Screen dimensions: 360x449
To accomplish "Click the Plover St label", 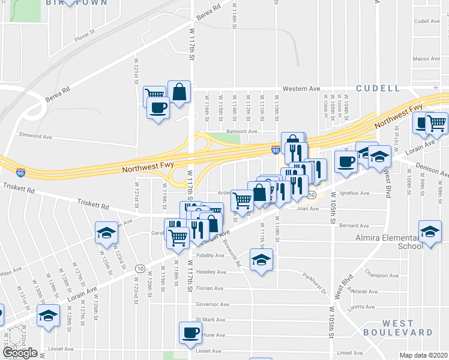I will (x=85, y=37).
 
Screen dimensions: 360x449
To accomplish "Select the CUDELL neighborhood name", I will (x=378, y=88).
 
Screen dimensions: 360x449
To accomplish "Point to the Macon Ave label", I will (x=426, y=59).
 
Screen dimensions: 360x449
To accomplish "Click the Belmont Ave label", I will (x=241, y=131).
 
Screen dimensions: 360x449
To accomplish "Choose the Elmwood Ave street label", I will (x=35, y=136).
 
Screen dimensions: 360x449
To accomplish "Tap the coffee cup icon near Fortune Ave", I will (x=191, y=332).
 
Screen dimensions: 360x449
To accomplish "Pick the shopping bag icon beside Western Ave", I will (x=179, y=92).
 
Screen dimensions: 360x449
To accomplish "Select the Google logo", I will (x=20, y=353).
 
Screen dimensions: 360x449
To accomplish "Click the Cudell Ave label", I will (x=427, y=21).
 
